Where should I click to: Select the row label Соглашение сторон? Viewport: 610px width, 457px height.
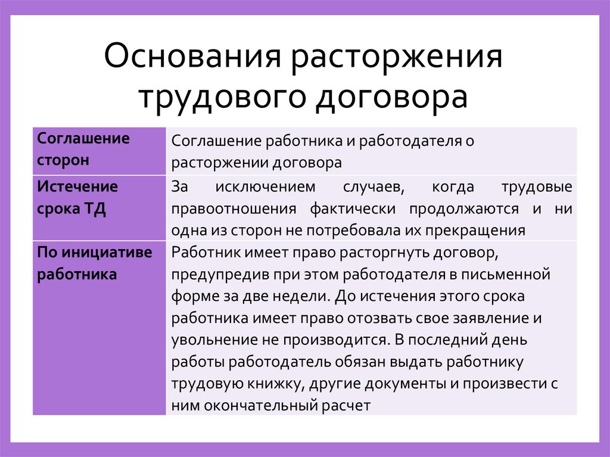pos(83,150)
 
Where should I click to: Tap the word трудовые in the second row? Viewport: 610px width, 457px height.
pos(539,188)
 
